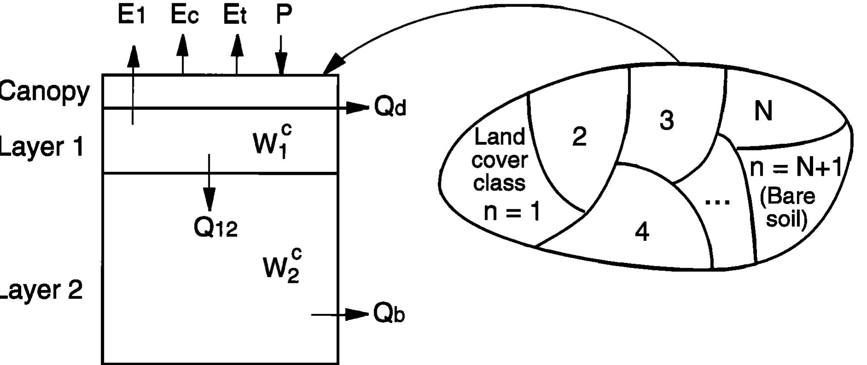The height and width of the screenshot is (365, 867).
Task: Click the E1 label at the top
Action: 132,15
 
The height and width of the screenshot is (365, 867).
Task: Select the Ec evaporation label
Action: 185,15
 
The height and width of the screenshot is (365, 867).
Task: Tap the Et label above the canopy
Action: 235,15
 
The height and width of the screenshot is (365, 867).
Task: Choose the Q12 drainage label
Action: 215,227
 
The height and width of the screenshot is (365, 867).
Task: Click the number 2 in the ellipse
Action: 579,137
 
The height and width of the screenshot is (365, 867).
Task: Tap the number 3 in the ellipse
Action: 667,120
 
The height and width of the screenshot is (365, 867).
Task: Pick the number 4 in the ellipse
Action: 642,232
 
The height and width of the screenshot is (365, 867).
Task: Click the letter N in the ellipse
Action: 763,111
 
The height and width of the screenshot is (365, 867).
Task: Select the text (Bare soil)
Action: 787,208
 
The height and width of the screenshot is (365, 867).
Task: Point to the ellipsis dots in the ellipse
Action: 717,201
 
